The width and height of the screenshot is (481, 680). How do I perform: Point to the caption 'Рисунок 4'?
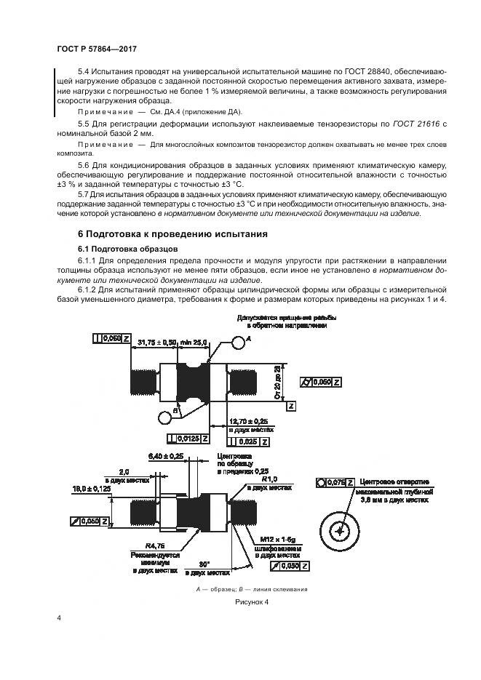pos(252,602)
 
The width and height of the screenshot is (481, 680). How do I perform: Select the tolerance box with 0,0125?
pos(188,439)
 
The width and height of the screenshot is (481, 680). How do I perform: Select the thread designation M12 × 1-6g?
pos(282,540)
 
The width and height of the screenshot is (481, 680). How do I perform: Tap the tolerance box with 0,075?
pos(336,482)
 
